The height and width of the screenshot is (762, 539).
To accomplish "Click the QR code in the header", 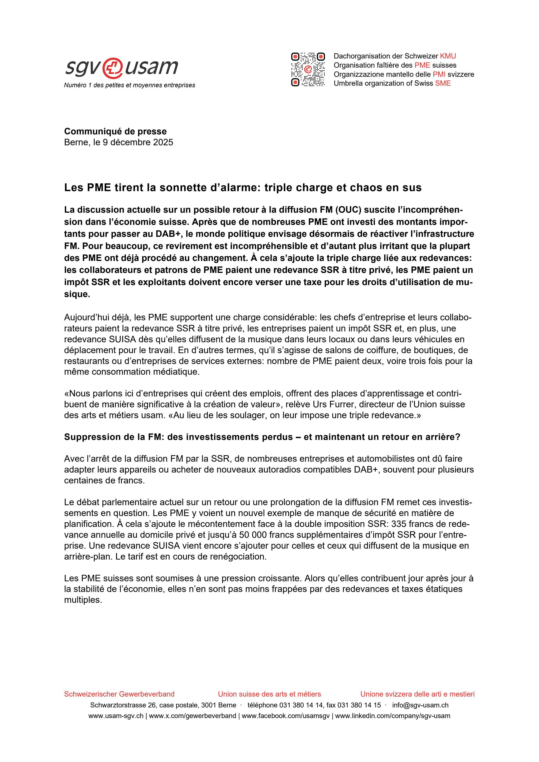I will (x=308, y=69).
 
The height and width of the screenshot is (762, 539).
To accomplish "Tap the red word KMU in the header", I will (x=448, y=56).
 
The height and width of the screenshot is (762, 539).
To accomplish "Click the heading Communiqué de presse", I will (x=115, y=131).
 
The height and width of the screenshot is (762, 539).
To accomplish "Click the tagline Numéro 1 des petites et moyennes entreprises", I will (x=129, y=85).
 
